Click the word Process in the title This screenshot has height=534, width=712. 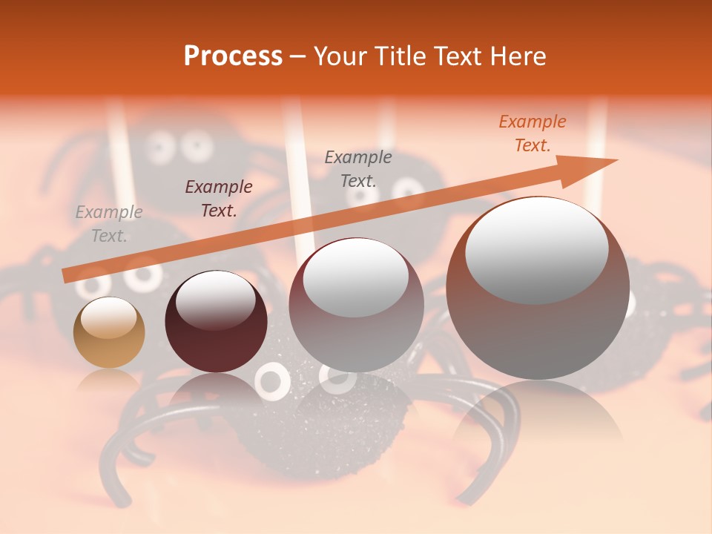[233, 56]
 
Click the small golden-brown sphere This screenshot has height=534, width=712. [108, 333]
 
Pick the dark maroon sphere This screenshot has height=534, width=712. [216, 322]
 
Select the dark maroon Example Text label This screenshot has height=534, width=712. [219, 199]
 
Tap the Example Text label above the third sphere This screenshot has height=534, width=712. [358, 169]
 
